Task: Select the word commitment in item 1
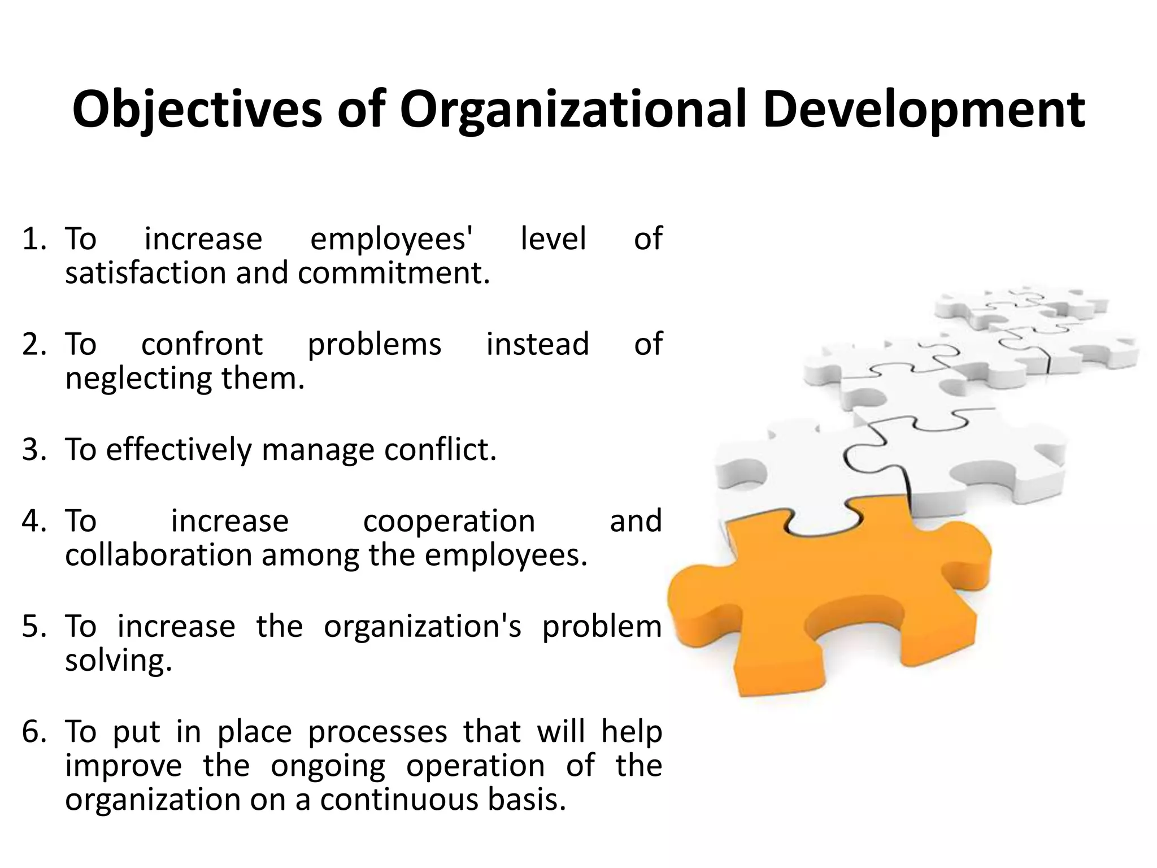coord(393,274)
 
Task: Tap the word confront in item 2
coord(202,344)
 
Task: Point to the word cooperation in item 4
coord(449,522)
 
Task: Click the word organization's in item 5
coord(422,627)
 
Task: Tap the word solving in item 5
coord(118,661)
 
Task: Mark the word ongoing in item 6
coord(328,767)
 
